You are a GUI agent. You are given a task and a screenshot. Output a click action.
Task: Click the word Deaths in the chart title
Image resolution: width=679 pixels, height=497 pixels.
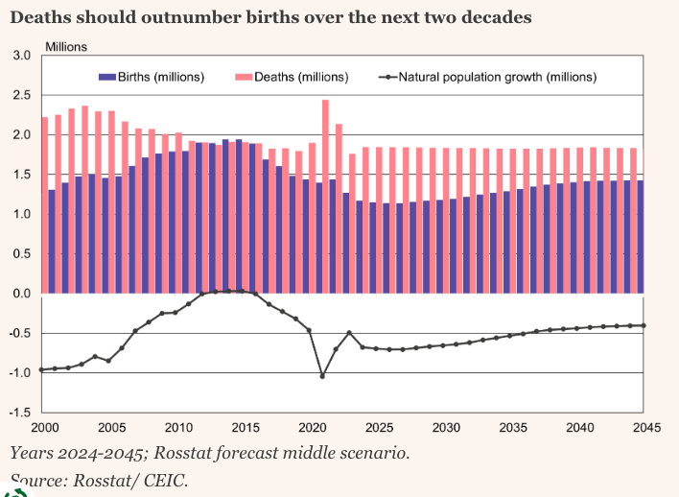pyautogui.click(x=44, y=17)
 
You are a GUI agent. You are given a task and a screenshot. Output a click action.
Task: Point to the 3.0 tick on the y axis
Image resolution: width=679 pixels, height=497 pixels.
pyautogui.click(x=21, y=56)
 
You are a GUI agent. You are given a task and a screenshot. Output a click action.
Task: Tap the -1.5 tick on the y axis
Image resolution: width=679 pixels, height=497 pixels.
pyautogui.click(x=19, y=414)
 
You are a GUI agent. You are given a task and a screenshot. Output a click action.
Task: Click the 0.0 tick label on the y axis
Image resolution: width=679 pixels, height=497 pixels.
pyautogui.click(x=21, y=294)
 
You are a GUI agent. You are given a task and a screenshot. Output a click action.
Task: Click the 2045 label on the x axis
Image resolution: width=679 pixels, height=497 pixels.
pyautogui.click(x=644, y=428)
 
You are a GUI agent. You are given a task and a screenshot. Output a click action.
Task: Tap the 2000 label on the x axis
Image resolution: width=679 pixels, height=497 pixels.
pyautogui.click(x=44, y=428)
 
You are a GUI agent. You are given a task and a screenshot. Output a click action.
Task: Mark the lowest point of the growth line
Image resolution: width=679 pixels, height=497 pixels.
pyautogui.click(x=322, y=376)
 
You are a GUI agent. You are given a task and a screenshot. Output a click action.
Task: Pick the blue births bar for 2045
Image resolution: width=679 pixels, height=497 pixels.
pyautogui.click(x=640, y=236)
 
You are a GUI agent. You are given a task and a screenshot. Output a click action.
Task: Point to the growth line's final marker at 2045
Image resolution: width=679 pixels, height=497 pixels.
pyautogui.click(x=643, y=325)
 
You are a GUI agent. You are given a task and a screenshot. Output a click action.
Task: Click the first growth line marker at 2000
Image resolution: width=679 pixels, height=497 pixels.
pyautogui.click(x=42, y=369)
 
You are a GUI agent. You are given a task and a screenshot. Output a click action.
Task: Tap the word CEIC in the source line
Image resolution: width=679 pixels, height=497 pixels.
pyautogui.click(x=163, y=480)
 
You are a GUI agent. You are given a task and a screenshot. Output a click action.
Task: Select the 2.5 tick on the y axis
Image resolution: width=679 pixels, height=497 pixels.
pyautogui.click(x=21, y=96)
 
